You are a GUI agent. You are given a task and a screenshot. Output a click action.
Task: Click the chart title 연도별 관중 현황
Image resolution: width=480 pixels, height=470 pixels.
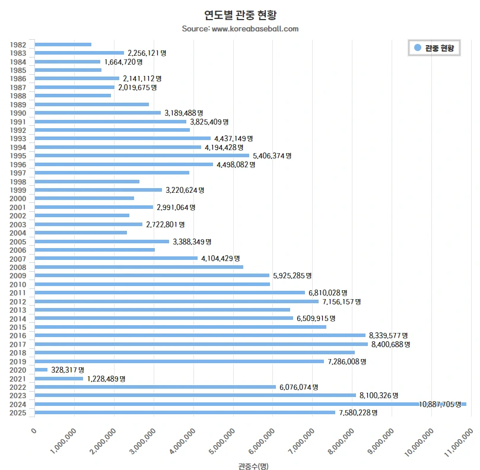(240, 14)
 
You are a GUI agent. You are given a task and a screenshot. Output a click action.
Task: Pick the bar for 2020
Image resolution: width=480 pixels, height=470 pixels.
(41, 370)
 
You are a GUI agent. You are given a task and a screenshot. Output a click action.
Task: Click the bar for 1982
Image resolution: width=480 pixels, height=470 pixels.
(63, 45)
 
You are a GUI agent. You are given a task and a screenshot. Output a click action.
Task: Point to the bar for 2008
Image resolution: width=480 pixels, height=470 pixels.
(139, 267)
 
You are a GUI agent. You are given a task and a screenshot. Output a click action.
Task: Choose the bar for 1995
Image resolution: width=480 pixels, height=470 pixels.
(142, 155)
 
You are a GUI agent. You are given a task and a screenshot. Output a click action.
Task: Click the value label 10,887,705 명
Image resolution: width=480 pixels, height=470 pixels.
(440, 404)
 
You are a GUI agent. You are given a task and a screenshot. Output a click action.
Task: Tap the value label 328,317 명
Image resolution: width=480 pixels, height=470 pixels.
(68, 370)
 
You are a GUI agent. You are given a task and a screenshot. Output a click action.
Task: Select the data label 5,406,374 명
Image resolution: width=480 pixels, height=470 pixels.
(272, 155)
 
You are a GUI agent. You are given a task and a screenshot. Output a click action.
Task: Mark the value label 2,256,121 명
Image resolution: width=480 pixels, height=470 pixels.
(147, 53)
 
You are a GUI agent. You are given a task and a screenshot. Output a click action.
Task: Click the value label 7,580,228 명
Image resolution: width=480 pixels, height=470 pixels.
(358, 412)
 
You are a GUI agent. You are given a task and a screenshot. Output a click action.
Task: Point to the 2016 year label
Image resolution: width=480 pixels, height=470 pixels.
(18, 336)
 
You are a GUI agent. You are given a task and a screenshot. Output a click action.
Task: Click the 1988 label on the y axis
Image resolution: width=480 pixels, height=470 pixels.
(18, 96)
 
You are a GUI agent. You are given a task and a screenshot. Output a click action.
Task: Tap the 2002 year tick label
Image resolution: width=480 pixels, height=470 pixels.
(18, 215)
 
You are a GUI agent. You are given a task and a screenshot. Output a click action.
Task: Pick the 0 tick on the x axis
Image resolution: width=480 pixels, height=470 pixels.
(34, 431)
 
